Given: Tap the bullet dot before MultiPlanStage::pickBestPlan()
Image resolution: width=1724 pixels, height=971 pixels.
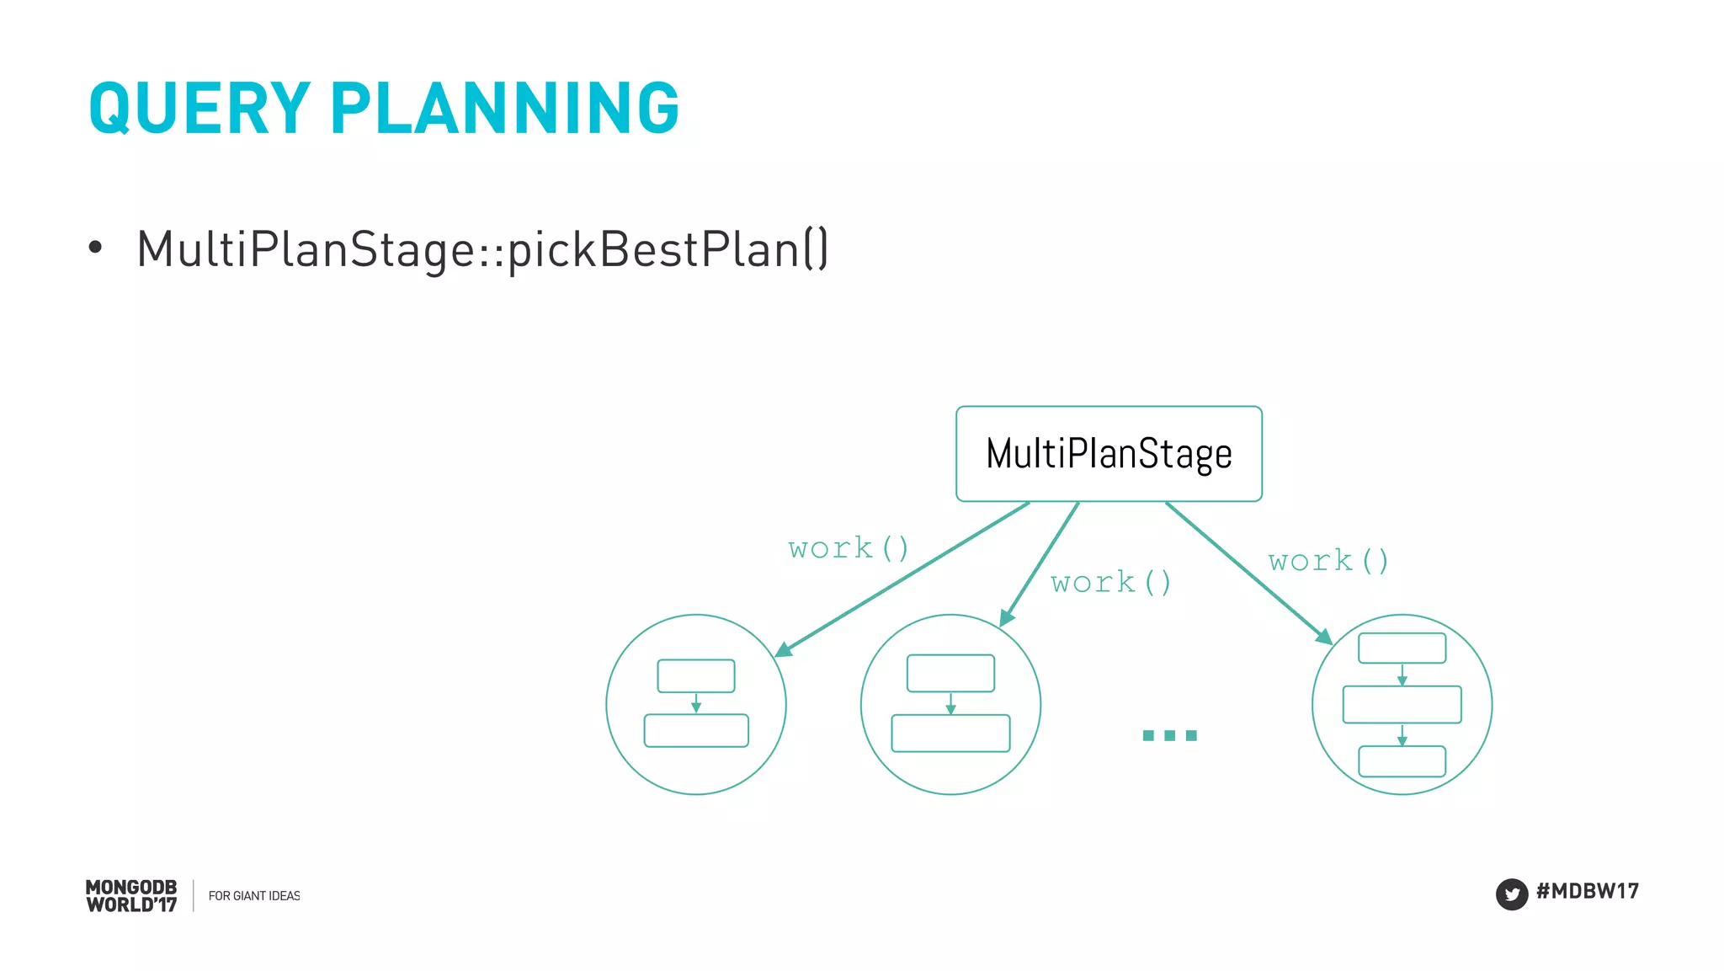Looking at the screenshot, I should point(95,248).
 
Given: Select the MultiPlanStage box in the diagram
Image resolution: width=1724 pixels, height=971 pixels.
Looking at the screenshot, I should point(1109,454).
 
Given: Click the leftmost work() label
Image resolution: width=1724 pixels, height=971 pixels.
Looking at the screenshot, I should point(849,548).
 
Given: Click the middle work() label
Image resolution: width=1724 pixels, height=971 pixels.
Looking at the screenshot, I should point(1110,582).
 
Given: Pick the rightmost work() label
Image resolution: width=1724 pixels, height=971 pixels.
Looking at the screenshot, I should point(1328,561).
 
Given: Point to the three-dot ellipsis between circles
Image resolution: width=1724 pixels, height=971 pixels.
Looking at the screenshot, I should point(1169,735).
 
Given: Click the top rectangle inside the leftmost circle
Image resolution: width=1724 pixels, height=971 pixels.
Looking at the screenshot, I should point(695,675).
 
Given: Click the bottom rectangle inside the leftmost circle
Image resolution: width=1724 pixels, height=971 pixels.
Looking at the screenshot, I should point(695,730).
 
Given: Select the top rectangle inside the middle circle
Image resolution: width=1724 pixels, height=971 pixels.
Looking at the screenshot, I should point(950,673).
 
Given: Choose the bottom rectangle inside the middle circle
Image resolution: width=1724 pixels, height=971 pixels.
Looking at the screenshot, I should point(950,733).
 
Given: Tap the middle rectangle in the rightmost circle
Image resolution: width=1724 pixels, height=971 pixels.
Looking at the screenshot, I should point(1402,705).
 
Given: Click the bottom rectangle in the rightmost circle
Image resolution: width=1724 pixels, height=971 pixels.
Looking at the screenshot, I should point(1402,761).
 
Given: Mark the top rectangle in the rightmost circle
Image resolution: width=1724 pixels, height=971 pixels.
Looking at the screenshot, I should point(1402,648).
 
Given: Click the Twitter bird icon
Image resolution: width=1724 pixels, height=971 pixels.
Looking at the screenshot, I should point(1511,894).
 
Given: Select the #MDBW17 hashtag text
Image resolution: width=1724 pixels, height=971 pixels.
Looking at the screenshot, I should point(1587,892).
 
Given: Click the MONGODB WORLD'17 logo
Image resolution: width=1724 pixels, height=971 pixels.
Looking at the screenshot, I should point(131,896).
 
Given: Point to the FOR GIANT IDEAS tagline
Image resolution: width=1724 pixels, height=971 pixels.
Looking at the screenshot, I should point(253,896).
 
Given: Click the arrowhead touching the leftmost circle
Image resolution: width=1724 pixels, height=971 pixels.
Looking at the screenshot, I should point(783,649).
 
